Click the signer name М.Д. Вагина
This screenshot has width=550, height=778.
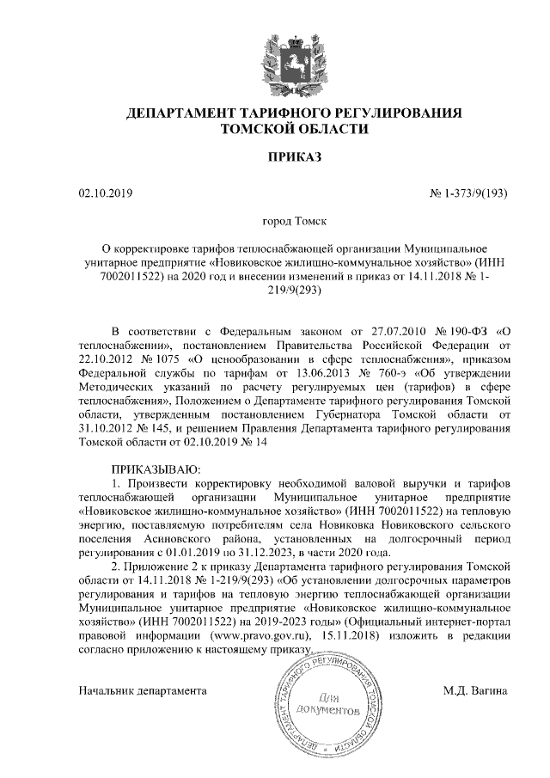pos(475,690)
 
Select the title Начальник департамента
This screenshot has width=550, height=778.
pos(143,690)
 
